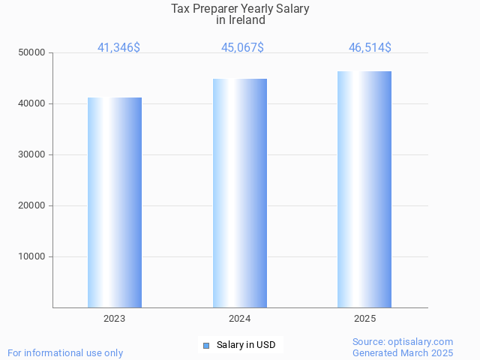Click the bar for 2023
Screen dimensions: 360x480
click(115, 202)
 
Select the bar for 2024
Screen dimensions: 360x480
click(240, 193)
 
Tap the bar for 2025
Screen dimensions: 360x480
click(364, 189)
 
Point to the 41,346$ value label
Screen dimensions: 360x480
click(118, 48)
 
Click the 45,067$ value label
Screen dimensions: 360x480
click(242, 48)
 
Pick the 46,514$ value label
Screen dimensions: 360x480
click(370, 48)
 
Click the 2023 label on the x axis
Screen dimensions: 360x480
click(115, 319)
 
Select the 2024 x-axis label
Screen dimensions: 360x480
click(240, 319)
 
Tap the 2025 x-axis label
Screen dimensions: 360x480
click(364, 319)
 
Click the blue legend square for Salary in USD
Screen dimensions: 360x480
click(206, 346)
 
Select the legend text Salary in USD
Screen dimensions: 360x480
click(246, 345)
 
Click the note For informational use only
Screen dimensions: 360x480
click(65, 352)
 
